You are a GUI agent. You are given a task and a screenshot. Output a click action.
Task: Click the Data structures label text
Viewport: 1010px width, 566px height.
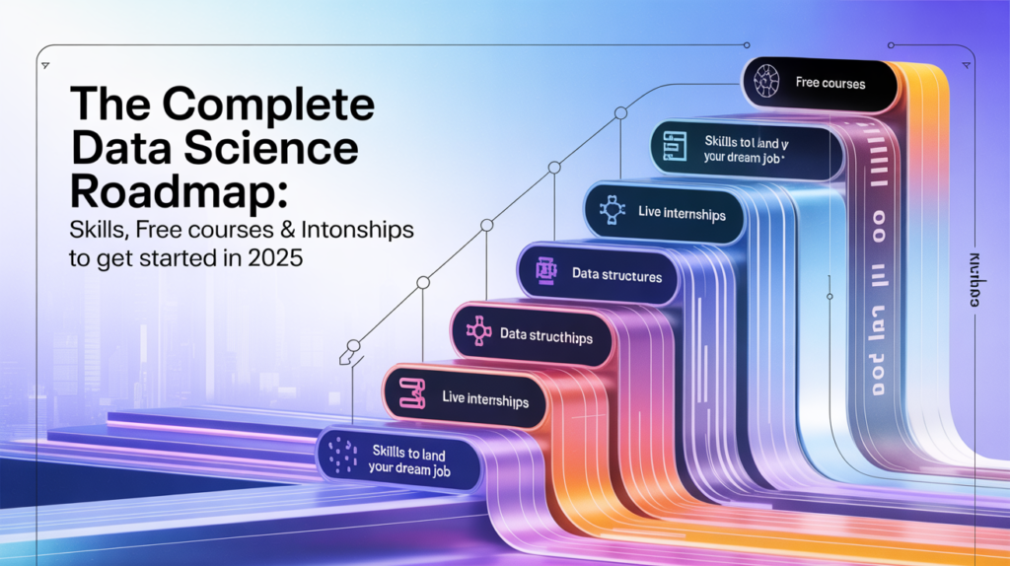(x=617, y=276)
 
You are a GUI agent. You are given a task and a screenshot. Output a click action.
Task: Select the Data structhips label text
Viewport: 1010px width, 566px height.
(x=545, y=336)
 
